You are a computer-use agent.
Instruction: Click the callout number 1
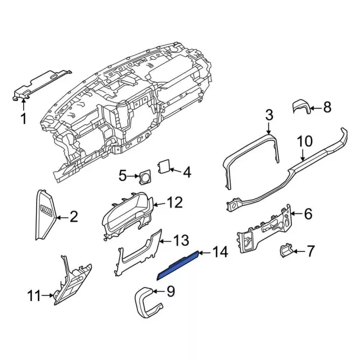(24, 119)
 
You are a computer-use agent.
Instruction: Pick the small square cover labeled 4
(163, 166)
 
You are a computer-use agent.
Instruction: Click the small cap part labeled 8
(301, 107)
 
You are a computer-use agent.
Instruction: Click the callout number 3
(269, 116)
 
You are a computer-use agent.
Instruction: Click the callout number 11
(35, 295)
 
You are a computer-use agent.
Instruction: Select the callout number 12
(175, 201)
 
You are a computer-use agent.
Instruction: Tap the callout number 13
(180, 241)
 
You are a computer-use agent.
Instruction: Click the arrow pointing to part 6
(296, 214)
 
